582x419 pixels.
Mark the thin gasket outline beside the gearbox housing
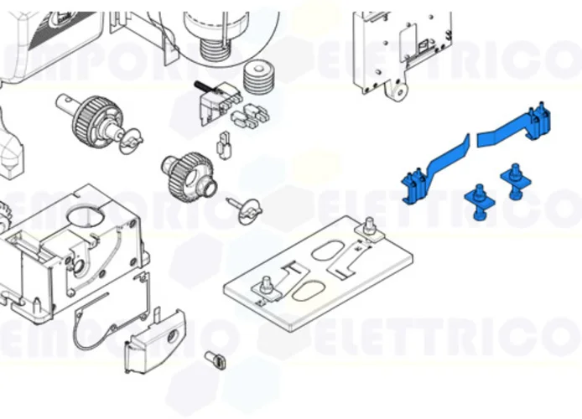[109, 322]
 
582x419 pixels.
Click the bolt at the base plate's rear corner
[368, 226]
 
